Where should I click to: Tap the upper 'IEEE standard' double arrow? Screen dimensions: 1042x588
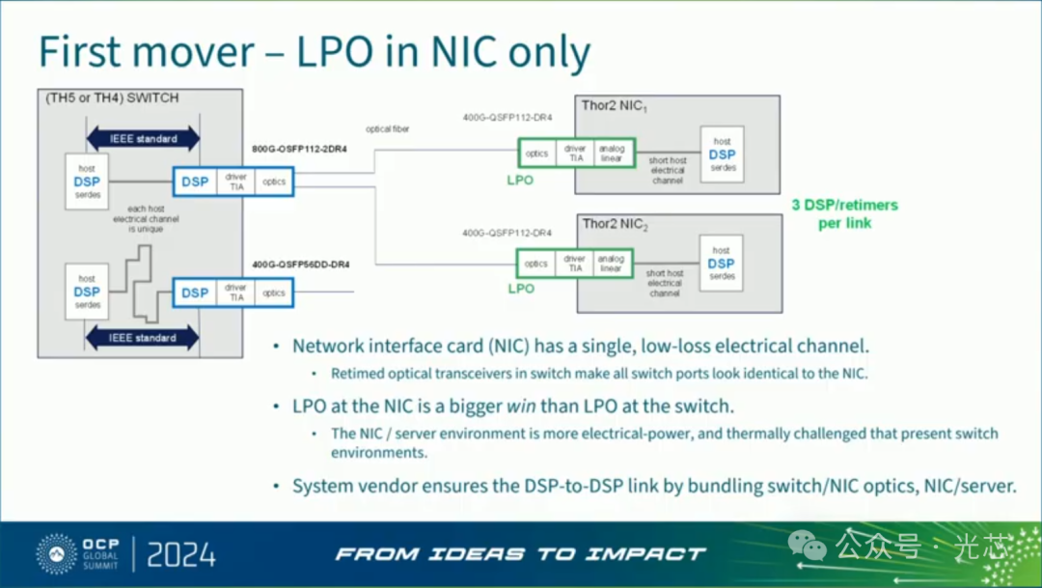[x=143, y=139]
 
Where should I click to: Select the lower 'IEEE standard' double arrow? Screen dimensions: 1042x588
[x=143, y=338]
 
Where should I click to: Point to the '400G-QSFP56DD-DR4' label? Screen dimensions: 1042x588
[x=300, y=264]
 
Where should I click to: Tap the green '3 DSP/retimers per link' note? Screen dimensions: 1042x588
[x=844, y=213]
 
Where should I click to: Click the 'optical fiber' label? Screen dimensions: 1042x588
[x=387, y=128]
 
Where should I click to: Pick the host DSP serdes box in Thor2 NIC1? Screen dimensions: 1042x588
[x=721, y=154]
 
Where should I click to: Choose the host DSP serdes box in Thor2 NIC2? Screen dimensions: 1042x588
[x=721, y=263]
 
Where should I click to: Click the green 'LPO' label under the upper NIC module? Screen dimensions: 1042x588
[x=520, y=180]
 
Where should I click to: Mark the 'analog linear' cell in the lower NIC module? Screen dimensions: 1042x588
[x=611, y=263]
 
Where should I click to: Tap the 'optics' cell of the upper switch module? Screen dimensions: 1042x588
[x=274, y=181]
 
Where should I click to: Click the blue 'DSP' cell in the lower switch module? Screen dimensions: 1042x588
[x=195, y=293]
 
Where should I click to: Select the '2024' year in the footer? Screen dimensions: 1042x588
[x=181, y=554]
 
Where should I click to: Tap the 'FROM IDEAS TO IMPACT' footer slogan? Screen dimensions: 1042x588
[x=520, y=554]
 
